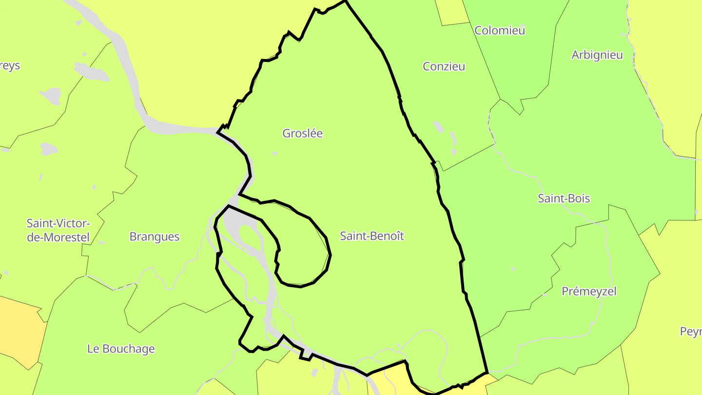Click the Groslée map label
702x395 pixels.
coord(302,133)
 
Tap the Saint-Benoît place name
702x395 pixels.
coord(372,236)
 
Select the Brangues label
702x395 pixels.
coord(155,237)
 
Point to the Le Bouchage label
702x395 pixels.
coord(121,349)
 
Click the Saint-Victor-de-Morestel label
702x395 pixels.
coord(58,230)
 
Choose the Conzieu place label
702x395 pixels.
coord(444,66)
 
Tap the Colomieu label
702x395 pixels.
coord(500,30)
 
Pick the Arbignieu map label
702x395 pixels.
coord(597,55)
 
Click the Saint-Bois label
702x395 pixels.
coord(564,198)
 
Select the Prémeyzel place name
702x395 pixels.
coord(589,291)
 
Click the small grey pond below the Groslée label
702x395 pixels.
coord(275,153)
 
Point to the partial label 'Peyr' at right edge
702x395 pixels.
coord(691,332)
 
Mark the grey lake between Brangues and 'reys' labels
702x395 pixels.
coord(49,148)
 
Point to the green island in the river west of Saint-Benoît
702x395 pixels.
coord(250,236)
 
